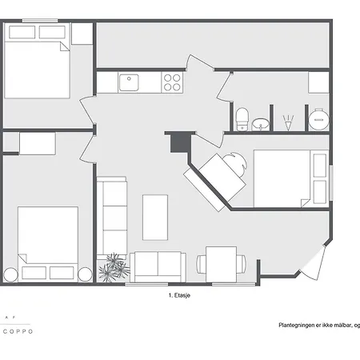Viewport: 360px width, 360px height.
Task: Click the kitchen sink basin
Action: pos(130,82)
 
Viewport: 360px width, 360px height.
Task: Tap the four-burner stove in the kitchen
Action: pos(172,82)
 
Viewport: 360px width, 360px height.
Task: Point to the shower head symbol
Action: pos(286,122)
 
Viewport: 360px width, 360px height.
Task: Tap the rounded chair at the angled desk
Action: pos(233,165)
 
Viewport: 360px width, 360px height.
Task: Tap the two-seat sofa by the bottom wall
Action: pos(158,265)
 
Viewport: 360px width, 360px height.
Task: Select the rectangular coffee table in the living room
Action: pos(155,217)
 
